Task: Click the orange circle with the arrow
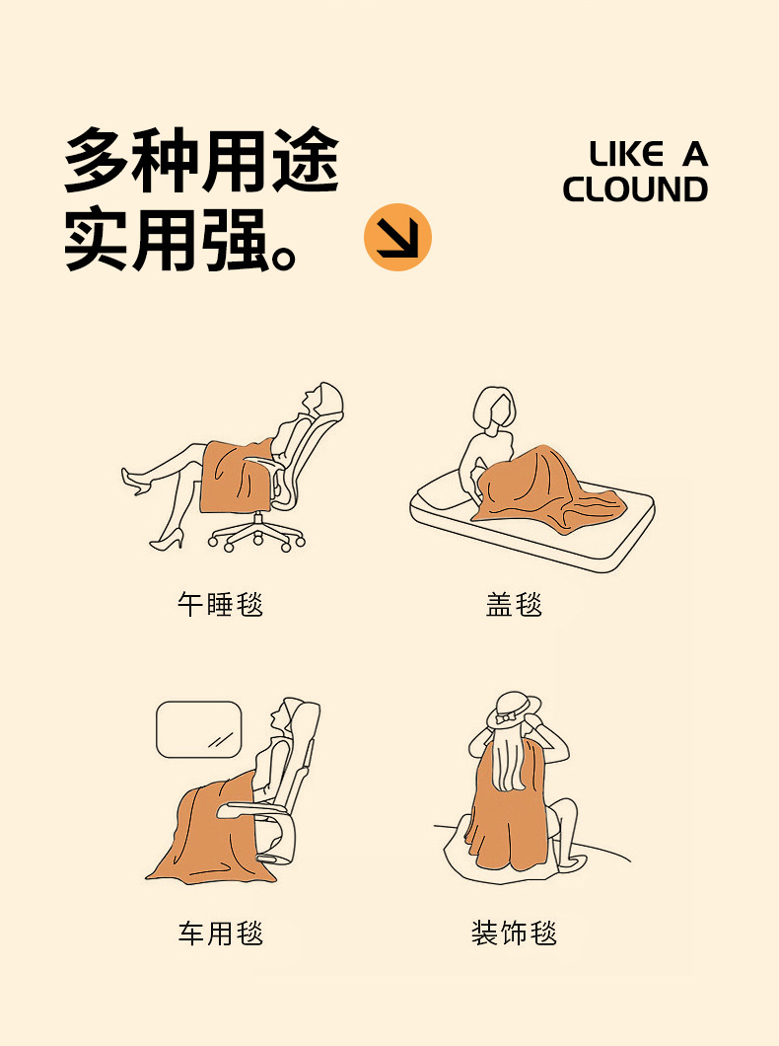click(397, 238)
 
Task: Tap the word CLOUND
click(635, 189)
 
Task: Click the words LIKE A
click(648, 154)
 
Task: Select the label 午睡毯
click(220, 604)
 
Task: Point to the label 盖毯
click(514, 604)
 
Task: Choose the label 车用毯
click(220, 933)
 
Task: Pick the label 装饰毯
click(514, 933)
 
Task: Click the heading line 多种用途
click(202, 160)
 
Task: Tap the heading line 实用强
click(179, 239)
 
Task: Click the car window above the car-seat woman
click(198, 729)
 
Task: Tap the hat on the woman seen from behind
click(514, 710)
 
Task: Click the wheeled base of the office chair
click(257, 534)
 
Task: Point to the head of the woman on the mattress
click(494, 409)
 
